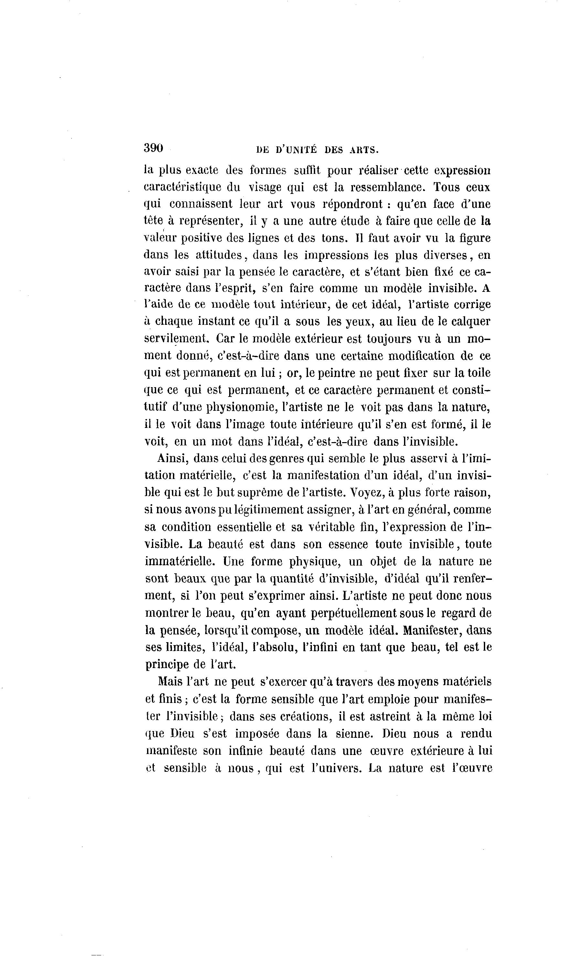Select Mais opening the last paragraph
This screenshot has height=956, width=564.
tap(170, 682)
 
